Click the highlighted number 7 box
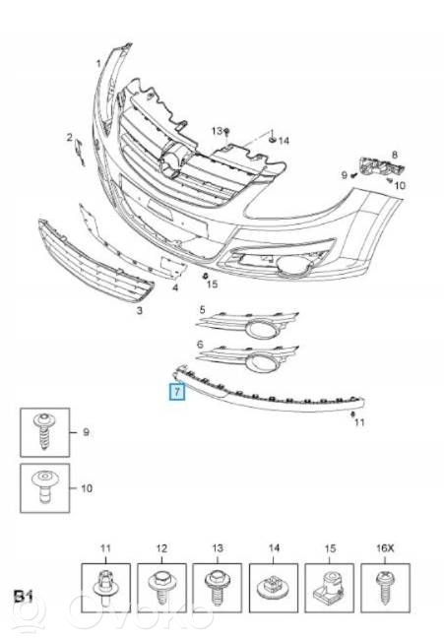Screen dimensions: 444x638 tap(177, 392)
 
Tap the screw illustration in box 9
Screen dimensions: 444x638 tap(44, 431)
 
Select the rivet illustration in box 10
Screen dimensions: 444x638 tap(44, 487)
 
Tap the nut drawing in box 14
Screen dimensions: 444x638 tap(273, 589)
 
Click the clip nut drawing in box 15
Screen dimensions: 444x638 tap(329, 587)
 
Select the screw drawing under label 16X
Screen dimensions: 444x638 tap(385, 588)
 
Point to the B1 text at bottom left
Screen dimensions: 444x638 tap(24, 597)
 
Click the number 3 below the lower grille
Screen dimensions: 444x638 tap(140, 310)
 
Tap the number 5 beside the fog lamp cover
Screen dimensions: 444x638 tap(202, 310)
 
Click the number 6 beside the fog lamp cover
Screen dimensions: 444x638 tap(200, 345)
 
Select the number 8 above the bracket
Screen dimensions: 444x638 tap(395, 155)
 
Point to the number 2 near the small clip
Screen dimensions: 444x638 tap(70, 138)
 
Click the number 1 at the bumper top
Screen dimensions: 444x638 tap(98, 64)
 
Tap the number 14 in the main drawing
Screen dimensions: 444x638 tap(284, 141)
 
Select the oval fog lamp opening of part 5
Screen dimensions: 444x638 tap(261, 329)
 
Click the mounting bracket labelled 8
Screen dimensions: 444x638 tap(381, 166)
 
